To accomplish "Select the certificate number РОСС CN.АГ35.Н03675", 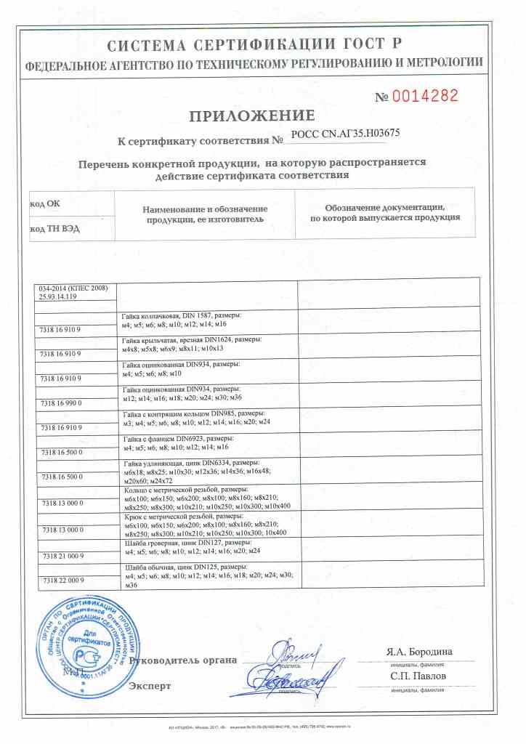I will [345, 134].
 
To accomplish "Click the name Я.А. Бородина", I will [420, 651].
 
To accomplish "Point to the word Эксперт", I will [150, 685].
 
